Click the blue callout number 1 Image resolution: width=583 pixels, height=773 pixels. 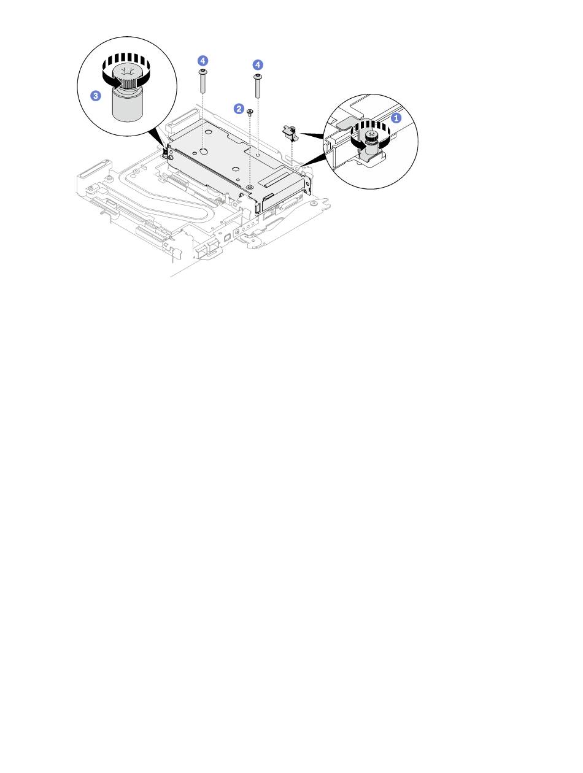[x=396, y=118]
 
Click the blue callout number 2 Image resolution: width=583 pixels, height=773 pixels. [x=239, y=109]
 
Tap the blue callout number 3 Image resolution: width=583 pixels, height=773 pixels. [x=96, y=96]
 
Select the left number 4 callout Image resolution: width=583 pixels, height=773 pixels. [x=203, y=61]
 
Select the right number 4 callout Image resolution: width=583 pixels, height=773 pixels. [x=258, y=65]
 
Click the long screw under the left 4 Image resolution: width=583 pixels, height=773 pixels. [x=203, y=81]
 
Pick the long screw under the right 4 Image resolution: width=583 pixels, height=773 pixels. [x=258, y=85]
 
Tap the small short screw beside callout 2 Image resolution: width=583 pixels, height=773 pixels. [x=250, y=112]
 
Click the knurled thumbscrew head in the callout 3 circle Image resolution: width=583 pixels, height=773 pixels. [x=128, y=77]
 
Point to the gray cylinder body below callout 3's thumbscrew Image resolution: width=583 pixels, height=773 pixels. [x=127, y=106]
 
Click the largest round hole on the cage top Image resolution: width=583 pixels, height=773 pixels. [x=203, y=152]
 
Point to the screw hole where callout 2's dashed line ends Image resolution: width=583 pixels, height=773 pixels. [x=249, y=187]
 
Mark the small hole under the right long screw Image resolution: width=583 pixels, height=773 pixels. [x=258, y=154]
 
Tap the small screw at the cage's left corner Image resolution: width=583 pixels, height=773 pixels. [x=165, y=153]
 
